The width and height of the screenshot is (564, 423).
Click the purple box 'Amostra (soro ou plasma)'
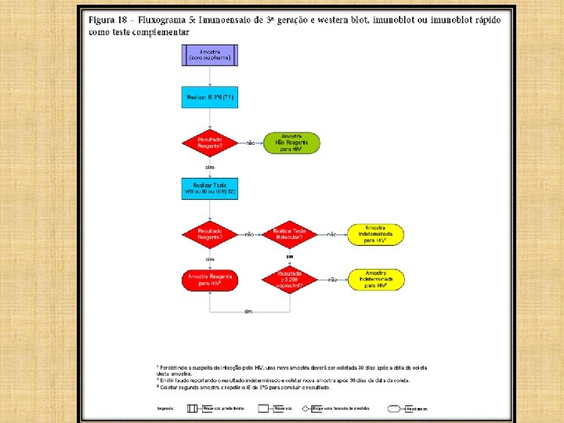tap(209, 55)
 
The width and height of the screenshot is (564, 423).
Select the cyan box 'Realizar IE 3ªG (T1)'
tap(209, 98)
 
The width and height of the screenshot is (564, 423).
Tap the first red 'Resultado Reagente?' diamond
tap(209, 142)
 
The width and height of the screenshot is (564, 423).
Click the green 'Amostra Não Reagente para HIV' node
tap(291, 142)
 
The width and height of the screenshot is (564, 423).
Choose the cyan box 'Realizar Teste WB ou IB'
tap(209, 188)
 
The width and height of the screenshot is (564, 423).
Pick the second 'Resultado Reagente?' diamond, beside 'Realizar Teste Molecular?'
tap(209, 233)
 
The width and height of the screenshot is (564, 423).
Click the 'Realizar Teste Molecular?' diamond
tap(289, 233)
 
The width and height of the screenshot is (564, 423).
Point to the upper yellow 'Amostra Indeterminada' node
tap(376, 233)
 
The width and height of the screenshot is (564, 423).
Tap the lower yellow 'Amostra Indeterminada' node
tap(376, 279)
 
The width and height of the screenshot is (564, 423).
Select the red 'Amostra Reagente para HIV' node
tap(209, 280)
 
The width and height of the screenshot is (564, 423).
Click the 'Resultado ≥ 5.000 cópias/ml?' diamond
tap(289, 280)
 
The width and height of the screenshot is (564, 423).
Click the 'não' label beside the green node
tap(251, 143)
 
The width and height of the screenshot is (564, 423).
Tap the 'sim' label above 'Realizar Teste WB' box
tap(209, 167)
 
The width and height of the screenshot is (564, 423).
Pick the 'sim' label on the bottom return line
tap(248, 311)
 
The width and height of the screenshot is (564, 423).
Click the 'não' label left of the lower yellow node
tap(333, 280)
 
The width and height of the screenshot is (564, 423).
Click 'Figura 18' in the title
tap(109, 18)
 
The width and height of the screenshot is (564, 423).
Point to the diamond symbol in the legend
tap(306, 408)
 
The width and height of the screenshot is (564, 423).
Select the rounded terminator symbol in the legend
tap(396, 408)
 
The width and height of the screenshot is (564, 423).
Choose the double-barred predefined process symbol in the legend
tap(192, 408)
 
